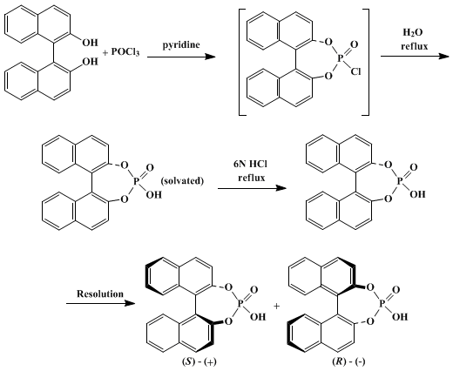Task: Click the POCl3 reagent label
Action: pos(125,52)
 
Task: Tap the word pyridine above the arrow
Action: pos(181,45)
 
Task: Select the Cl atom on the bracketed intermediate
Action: pos(355,71)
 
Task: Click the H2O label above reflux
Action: pos(412,33)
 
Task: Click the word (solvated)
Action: pos(182,181)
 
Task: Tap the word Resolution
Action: pos(100,293)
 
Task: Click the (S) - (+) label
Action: pos(199,361)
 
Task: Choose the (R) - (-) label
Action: pos(348,361)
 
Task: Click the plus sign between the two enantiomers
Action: pos(277,306)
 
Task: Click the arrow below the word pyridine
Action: pos(181,57)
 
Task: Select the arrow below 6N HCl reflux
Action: pos(252,188)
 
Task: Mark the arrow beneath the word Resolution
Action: pos(101,304)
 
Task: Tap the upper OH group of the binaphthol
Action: pos(90,43)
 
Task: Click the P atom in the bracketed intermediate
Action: pos(340,59)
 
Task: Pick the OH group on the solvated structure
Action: pos(153,194)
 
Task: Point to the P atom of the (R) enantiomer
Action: pos(382,304)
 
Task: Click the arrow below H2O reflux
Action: pos(416,56)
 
